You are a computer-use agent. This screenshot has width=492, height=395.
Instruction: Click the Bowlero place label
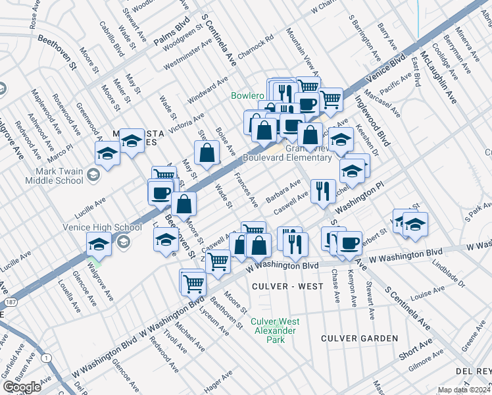(247, 95)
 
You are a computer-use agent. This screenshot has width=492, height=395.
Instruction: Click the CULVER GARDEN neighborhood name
(359, 338)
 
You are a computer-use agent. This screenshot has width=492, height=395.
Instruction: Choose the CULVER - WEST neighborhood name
(287, 286)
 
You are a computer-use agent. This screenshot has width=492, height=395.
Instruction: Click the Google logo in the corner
(22, 387)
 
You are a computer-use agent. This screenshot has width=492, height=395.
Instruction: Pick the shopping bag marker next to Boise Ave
(207, 152)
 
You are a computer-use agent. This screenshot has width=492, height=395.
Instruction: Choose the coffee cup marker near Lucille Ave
(160, 192)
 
